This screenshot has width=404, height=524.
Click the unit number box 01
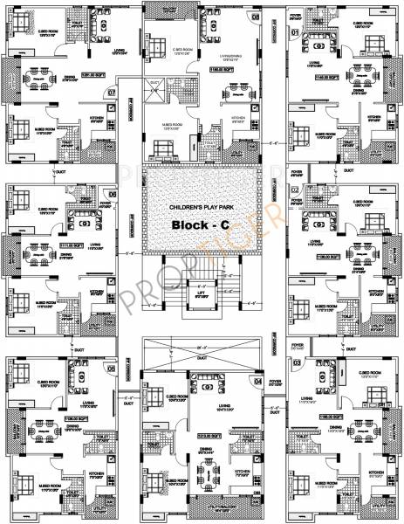pos(295,32)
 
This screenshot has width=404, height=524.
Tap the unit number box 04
pos(257,381)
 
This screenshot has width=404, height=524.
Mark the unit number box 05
pos(111,368)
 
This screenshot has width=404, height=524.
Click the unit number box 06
pos(111,194)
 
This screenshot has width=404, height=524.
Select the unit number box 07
pos(111,92)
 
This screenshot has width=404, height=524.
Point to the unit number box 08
pos(256,17)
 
